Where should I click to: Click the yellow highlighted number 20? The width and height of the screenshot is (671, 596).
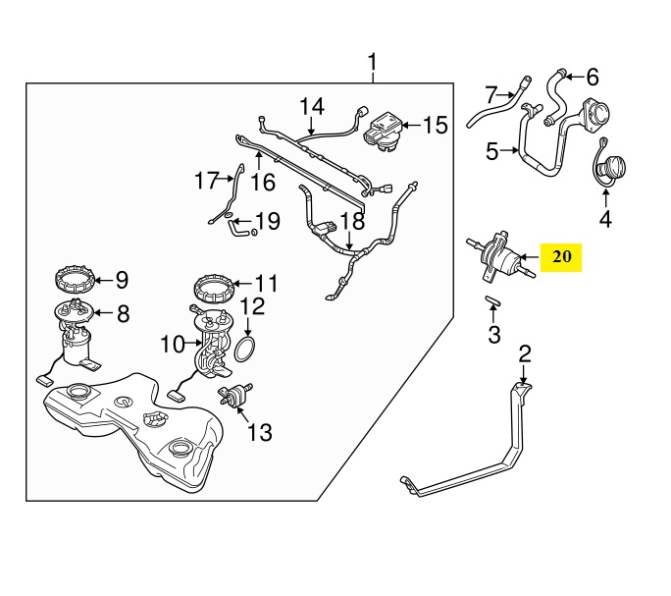[x=561, y=258]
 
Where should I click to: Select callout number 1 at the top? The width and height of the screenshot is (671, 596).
[x=372, y=65]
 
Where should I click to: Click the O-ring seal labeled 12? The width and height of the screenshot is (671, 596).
[x=247, y=348]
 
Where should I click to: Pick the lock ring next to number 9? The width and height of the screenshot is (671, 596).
[x=75, y=281]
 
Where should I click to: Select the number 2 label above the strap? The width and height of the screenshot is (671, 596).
[x=525, y=353]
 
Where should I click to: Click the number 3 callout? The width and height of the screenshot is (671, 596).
[x=494, y=335]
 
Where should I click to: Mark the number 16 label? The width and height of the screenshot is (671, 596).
[x=262, y=183]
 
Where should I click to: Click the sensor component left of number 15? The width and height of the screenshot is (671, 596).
[x=383, y=131]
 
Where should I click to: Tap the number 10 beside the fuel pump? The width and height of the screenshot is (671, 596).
[x=173, y=345]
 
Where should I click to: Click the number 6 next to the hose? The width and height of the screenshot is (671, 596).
[x=592, y=76]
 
